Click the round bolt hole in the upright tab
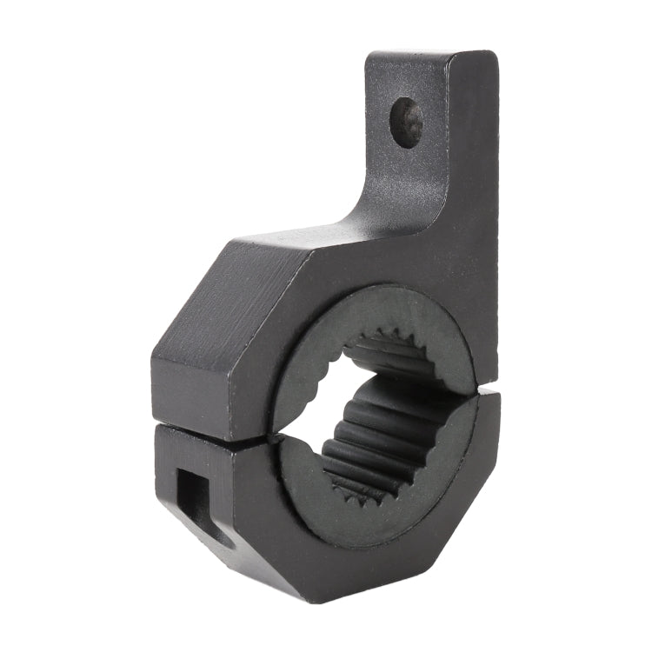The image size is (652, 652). (407, 122)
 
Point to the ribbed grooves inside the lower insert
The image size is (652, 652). (383, 452)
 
